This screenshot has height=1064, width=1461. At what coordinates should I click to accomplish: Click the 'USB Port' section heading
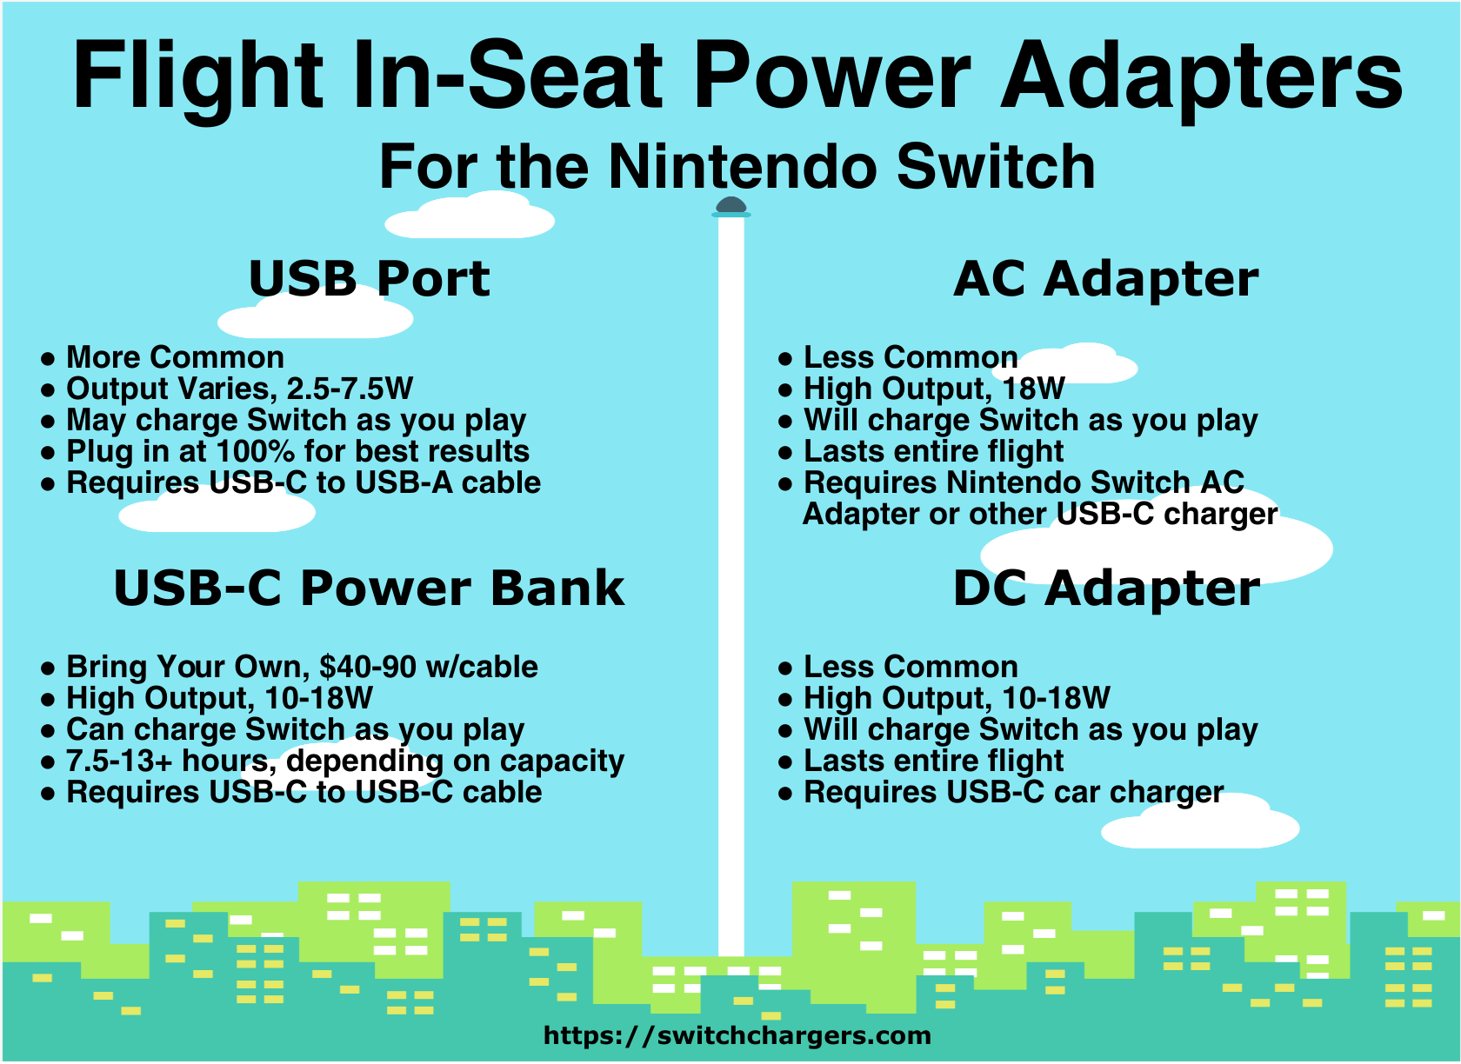[369, 279]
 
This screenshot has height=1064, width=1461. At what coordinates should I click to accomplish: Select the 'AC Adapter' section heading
[1105, 280]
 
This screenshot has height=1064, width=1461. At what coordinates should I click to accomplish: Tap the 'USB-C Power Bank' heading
[369, 589]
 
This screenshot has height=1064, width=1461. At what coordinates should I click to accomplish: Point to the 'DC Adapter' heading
[1106, 589]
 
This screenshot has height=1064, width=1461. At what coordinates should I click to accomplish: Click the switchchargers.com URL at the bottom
[737, 1034]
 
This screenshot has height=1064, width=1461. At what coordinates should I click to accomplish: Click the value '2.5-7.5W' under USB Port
[350, 389]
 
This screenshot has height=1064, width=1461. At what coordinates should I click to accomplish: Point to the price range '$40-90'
[367, 667]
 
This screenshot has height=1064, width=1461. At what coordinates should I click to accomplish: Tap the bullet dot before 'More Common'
[48, 358]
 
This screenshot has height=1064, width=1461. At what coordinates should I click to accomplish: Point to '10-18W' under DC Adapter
[1056, 698]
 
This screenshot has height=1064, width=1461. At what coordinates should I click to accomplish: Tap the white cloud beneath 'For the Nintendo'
[470, 216]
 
